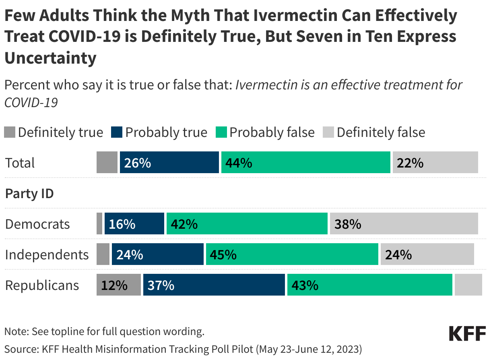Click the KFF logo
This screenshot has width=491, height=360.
(467, 334)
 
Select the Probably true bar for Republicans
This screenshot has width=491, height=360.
(214, 285)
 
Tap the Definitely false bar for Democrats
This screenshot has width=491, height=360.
(404, 224)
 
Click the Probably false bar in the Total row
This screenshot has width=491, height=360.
(305, 163)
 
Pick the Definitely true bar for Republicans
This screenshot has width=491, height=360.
(119, 285)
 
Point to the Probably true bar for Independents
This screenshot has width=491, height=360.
(157, 254)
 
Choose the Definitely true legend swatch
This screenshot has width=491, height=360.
(10, 132)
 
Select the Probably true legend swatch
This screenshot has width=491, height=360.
(117, 132)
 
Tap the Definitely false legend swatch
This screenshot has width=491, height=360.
(328, 132)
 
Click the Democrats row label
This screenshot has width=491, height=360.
(37, 224)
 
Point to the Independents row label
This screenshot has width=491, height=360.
(47, 255)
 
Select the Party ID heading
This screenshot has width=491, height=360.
(29, 194)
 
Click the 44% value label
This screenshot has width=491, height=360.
(239, 163)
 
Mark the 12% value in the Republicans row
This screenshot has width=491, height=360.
(114, 286)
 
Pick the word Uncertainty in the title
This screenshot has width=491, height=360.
(50, 58)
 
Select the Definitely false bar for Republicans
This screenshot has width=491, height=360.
(468, 285)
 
